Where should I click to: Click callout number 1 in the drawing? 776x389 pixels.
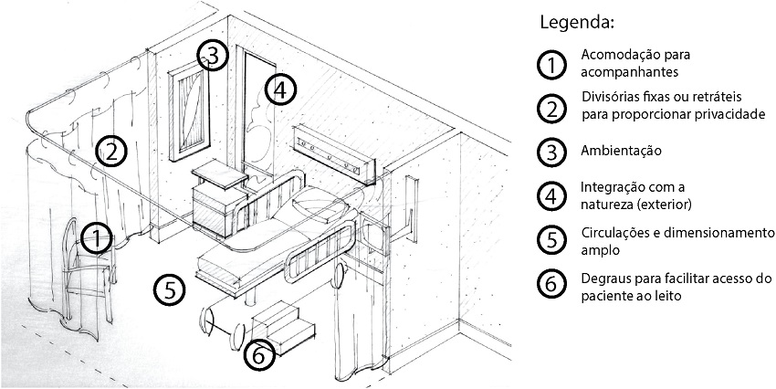(96, 239)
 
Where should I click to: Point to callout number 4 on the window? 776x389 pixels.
(282, 89)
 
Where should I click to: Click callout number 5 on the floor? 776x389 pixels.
(171, 289)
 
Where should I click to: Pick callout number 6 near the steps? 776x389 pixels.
(260, 355)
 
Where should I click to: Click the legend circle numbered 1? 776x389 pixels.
(551, 64)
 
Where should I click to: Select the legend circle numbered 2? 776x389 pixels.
(551, 107)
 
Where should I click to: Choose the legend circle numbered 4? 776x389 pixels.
(551, 194)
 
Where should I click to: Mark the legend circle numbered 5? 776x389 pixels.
(551, 239)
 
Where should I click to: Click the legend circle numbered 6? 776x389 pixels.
(551, 284)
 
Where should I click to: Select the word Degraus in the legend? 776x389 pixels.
(604, 277)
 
